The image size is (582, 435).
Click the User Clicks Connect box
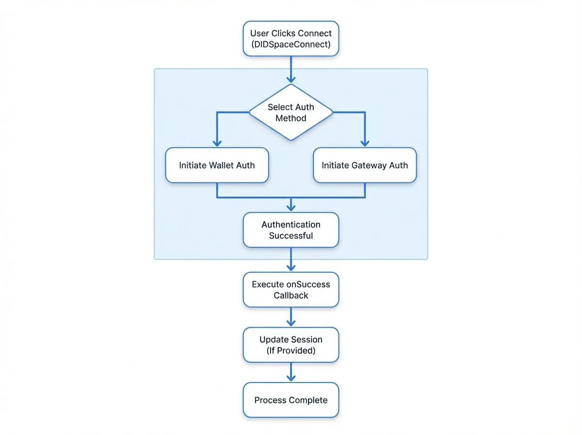(x=291, y=39)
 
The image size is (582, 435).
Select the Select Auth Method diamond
(x=291, y=112)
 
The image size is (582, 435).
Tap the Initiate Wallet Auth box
(x=217, y=165)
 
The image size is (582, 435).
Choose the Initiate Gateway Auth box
(x=365, y=165)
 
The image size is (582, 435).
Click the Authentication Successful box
(x=291, y=230)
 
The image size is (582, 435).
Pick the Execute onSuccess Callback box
(x=291, y=289)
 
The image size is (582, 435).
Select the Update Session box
(x=291, y=345)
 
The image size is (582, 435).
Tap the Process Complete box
(x=291, y=400)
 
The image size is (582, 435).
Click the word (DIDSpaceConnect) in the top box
(x=291, y=44)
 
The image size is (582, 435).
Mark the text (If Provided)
(x=291, y=351)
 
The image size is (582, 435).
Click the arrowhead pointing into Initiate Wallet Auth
(x=217, y=144)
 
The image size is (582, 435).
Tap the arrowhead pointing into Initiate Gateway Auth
(x=365, y=144)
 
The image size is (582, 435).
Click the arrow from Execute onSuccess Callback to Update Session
(x=291, y=317)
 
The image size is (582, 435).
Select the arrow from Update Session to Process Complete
(x=291, y=372)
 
